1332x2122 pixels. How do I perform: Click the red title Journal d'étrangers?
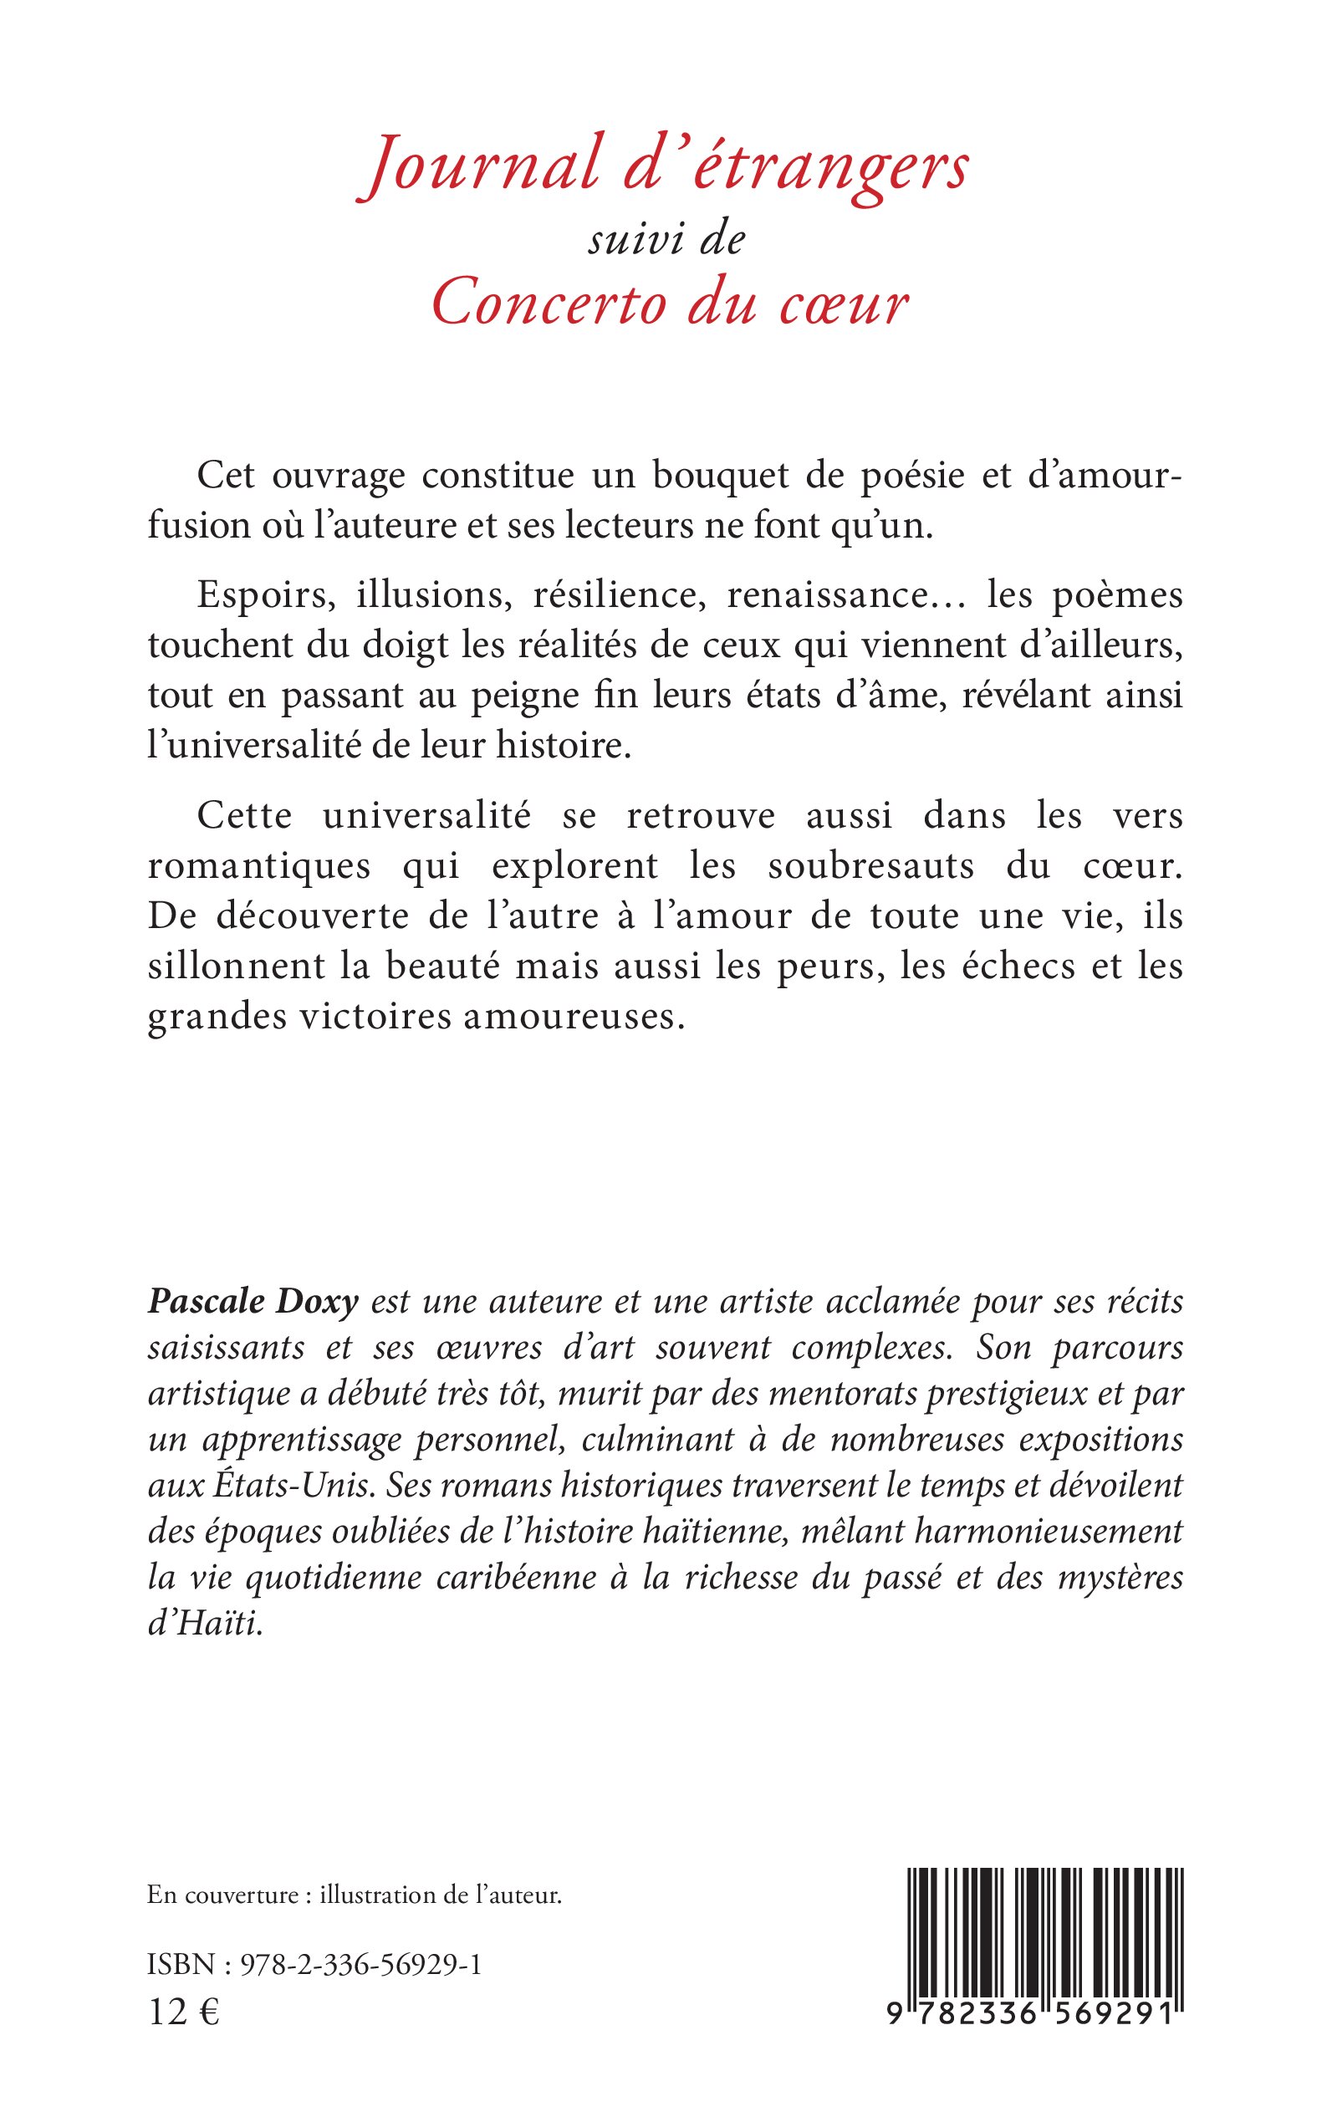pyautogui.click(x=666, y=167)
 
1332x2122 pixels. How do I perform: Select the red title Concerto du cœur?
pyautogui.click(x=670, y=304)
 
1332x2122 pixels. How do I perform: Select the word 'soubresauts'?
pyautogui.click(x=871, y=867)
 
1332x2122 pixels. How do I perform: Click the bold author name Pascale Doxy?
pyautogui.click(x=253, y=1302)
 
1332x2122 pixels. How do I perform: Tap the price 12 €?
pyautogui.click(x=184, y=2012)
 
